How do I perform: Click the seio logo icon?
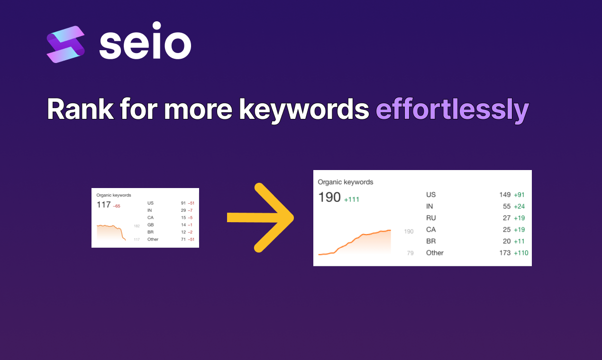tap(65, 45)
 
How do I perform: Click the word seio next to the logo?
tap(146, 40)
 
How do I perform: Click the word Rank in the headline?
tap(80, 109)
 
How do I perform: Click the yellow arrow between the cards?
tap(260, 217)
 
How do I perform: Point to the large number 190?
tap(329, 197)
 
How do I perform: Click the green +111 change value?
tap(352, 199)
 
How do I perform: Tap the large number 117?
tap(103, 205)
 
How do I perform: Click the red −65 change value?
tap(117, 206)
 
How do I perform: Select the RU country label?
tap(431, 218)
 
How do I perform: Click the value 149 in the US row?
tap(505, 195)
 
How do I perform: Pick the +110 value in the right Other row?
tap(521, 253)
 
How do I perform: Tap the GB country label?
tap(151, 225)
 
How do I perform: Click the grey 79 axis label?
tap(410, 253)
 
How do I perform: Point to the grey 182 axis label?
tap(137, 226)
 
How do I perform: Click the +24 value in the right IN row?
tap(519, 207)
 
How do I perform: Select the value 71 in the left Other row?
tap(183, 239)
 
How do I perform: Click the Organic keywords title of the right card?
tap(346, 182)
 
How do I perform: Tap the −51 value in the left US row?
tap(191, 203)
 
